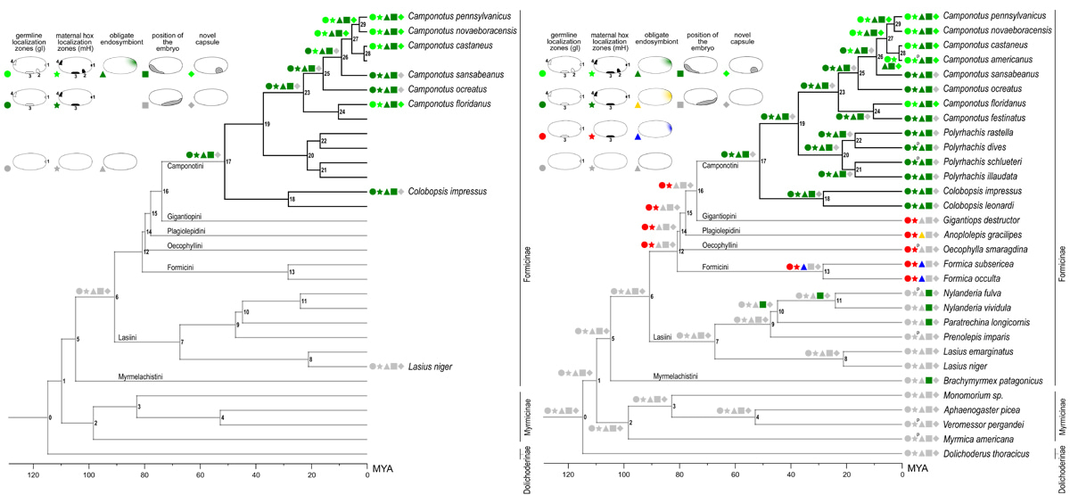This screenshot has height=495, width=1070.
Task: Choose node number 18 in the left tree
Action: point(292,199)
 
